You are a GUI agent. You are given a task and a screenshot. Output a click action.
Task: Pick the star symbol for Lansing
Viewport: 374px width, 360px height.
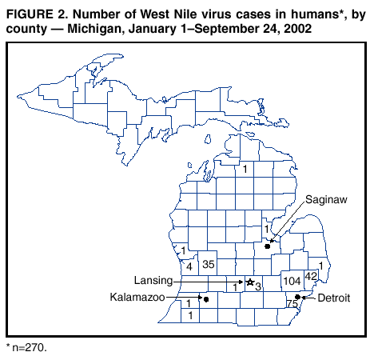click(x=249, y=282)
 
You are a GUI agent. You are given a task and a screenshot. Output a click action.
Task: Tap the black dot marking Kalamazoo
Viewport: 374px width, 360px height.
click(x=206, y=299)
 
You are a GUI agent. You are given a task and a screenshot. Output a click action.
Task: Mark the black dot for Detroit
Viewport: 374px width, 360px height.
click(x=298, y=297)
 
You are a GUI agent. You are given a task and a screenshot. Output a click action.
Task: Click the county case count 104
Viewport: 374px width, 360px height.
click(x=292, y=282)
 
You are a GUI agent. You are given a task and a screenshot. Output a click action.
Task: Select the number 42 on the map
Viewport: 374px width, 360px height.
click(x=312, y=276)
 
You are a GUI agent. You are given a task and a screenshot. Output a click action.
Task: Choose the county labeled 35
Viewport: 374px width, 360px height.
click(x=209, y=264)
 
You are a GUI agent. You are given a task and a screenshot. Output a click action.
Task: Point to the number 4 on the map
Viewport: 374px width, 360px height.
click(x=189, y=266)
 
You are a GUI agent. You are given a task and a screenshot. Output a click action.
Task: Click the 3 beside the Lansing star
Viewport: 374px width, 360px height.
click(x=258, y=286)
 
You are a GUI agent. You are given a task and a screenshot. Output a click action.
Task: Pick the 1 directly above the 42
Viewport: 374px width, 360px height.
click(x=320, y=265)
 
